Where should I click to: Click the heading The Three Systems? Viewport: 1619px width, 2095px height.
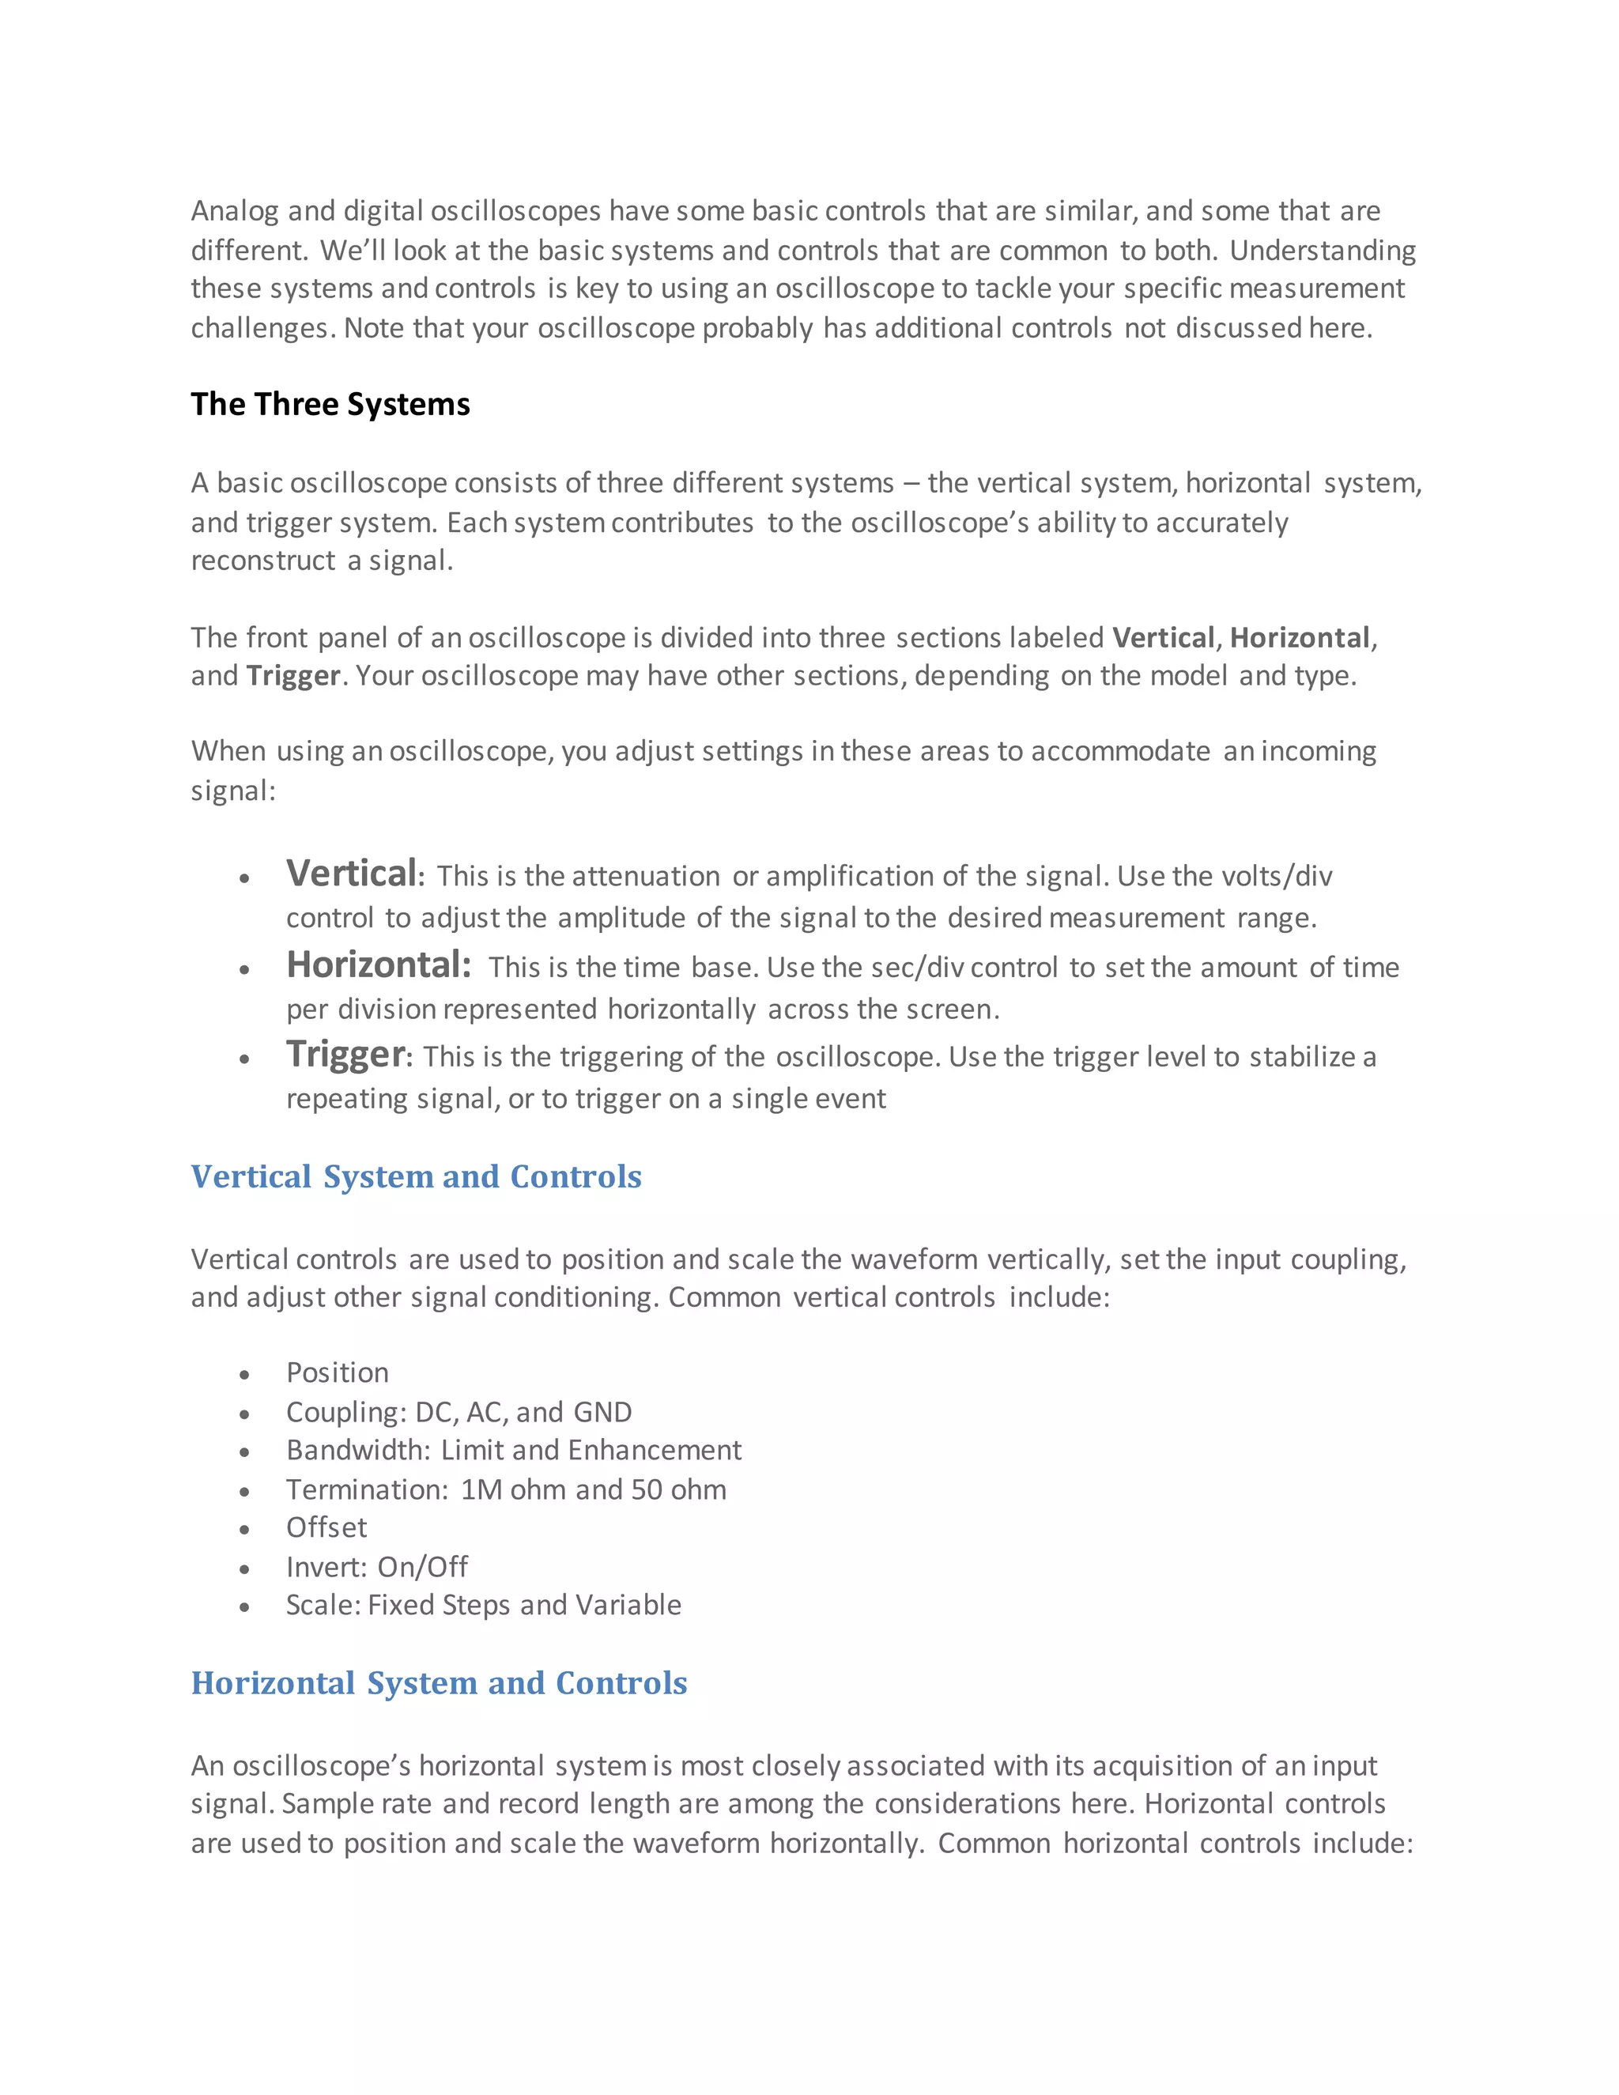coord(330,404)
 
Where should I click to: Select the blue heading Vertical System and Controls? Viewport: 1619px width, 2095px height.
coord(417,1176)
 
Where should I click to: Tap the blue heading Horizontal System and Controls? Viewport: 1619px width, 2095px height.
coord(440,1682)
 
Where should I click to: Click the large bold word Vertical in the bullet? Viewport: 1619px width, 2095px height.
coord(351,873)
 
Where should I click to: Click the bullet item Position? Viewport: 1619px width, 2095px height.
coord(338,1372)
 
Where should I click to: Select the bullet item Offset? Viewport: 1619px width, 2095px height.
coord(326,1527)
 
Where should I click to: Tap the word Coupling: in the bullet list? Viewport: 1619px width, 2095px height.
coord(346,1412)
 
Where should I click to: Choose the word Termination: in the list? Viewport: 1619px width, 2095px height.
coord(368,1489)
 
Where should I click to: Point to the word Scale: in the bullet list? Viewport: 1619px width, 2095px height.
coord(323,1605)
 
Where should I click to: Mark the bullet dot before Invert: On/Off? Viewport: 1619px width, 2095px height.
coord(244,1568)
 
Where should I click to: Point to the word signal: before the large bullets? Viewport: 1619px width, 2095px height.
coord(233,791)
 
